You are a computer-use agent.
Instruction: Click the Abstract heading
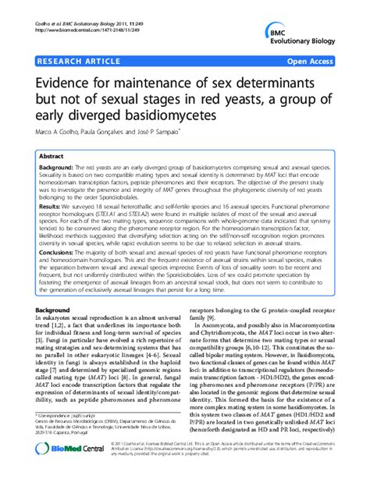[52, 155]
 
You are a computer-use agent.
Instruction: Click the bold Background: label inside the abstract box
[60, 168]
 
